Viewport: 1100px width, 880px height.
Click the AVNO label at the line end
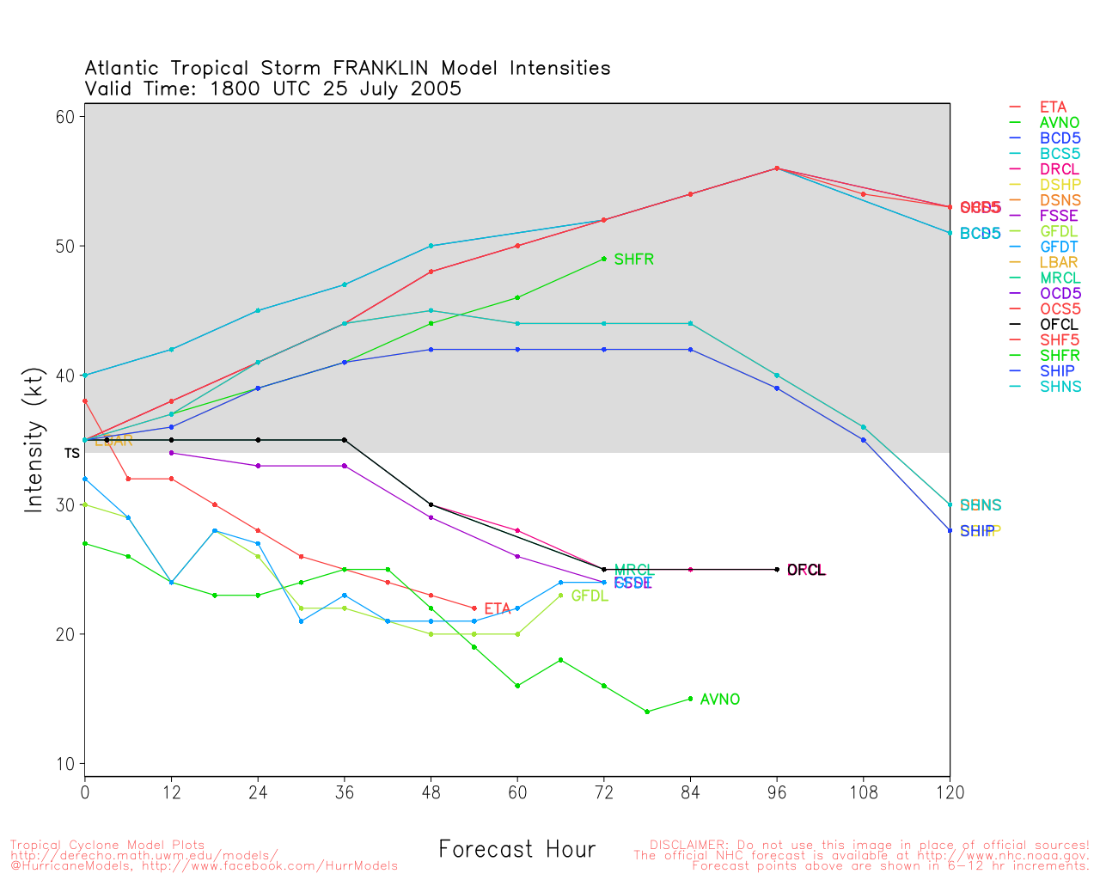(719, 700)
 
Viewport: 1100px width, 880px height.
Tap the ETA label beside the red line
(497, 609)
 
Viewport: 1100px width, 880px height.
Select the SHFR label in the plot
(633, 260)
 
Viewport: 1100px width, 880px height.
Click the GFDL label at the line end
(590, 596)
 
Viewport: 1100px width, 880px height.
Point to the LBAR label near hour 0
(114, 441)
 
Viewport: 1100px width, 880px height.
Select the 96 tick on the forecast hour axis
(777, 793)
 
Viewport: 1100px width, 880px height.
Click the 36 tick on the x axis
(345, 793)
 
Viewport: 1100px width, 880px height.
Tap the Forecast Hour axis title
(516, 850)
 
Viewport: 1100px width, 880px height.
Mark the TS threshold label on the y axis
(71, 453)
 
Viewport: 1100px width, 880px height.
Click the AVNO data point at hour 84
(690, 699)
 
